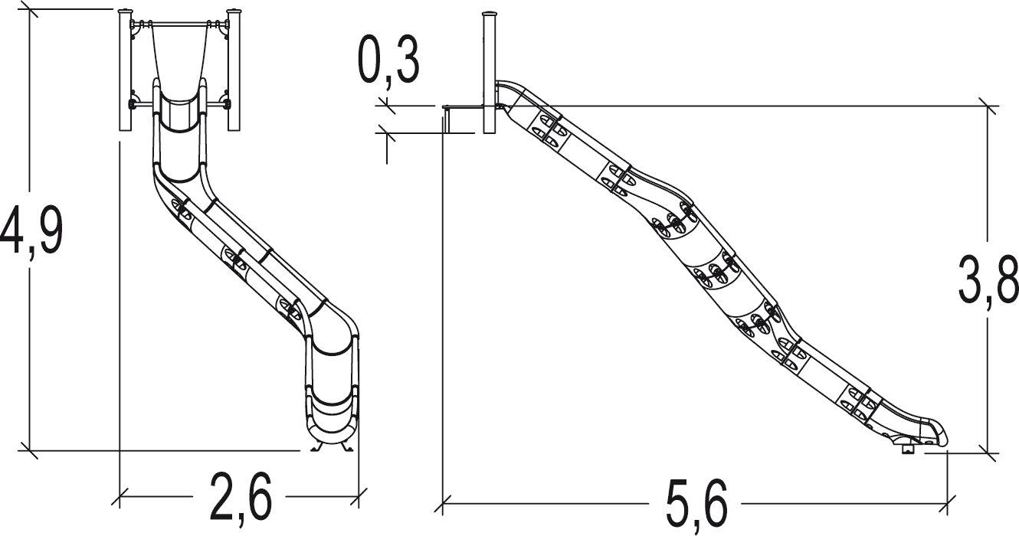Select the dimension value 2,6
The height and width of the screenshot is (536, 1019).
241,496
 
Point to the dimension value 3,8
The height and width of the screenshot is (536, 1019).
988,280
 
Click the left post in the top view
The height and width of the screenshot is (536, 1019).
125,70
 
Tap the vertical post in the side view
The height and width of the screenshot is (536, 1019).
489,73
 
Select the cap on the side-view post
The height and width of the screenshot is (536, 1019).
489,14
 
